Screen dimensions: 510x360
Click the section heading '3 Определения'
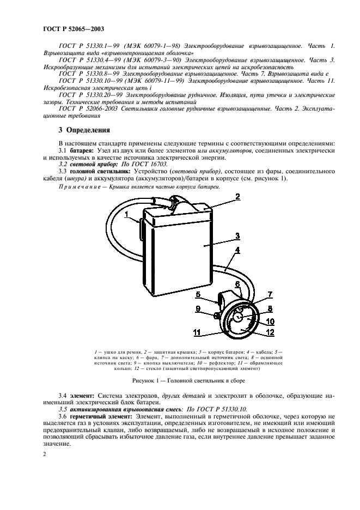click(84, 130)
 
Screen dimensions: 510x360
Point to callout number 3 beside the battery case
click(238, 236)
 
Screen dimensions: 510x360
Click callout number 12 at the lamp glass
click(270, 331)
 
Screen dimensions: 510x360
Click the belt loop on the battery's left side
click(142, 228)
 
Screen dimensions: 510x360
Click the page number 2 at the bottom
click(45, 452)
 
